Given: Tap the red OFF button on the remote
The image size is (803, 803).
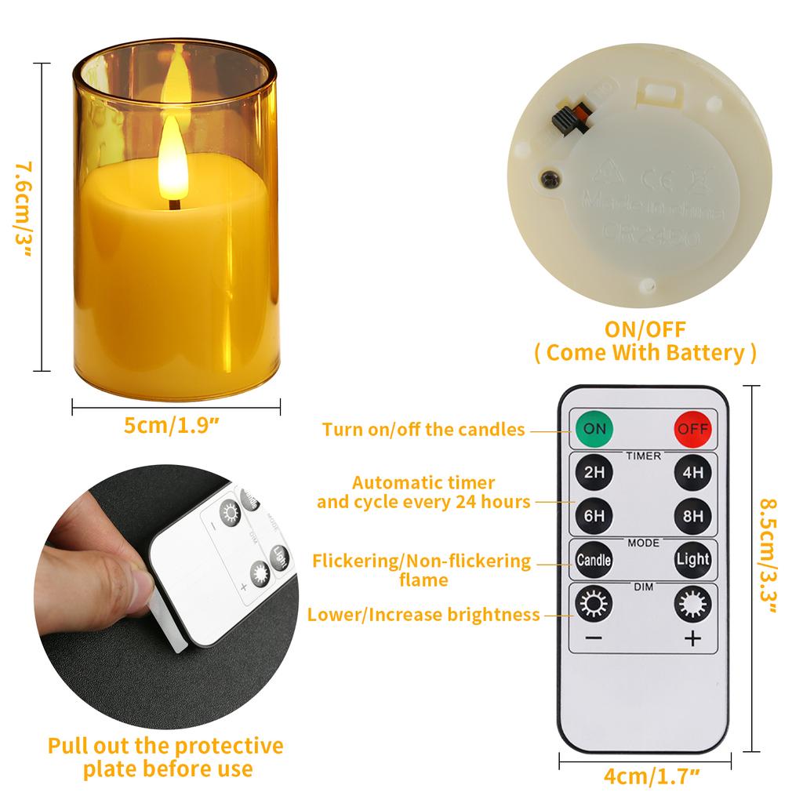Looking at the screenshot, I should click(692, 429).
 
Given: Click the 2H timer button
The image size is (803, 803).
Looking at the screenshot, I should click(594, 473).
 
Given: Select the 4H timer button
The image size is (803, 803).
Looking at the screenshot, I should click(692, 473).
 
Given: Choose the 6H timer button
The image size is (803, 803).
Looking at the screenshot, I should click(594, 515).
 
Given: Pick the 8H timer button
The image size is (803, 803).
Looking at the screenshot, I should click(692, 515).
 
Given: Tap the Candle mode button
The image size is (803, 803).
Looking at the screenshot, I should click(594, 560).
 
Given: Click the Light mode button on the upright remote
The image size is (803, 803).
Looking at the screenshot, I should click(692, 560).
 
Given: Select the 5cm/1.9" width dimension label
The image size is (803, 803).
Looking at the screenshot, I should click(171, 426).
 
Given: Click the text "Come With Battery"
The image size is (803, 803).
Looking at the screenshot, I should click(645, 352).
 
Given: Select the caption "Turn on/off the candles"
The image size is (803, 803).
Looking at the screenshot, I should click(423, 430).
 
